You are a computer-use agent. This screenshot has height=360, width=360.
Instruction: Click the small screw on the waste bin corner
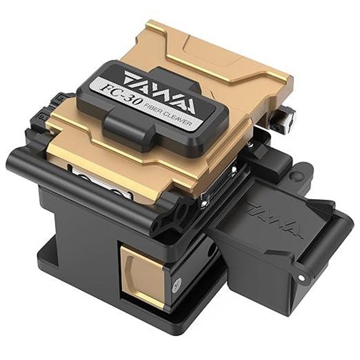click(301, 277)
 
